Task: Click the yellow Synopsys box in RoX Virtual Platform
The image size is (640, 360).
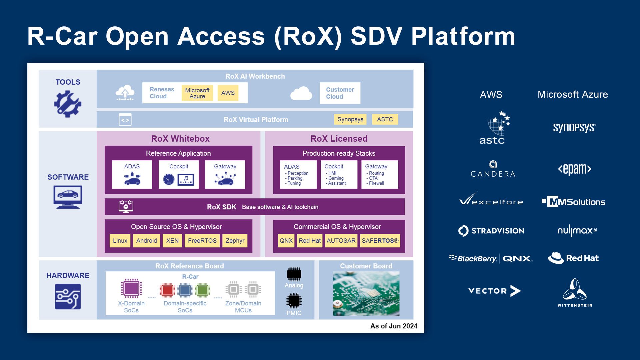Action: (350, 119)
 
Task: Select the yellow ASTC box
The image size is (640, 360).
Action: (385, 119)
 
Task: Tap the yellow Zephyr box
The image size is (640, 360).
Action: (235, 241)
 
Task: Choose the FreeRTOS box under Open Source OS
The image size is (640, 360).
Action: (202, 241)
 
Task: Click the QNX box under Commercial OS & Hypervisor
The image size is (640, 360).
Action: (286, 241)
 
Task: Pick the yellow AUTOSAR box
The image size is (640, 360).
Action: (341, 241)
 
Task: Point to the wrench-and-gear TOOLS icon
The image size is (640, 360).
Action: (68, 104)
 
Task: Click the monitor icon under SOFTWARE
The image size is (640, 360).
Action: (68, 197)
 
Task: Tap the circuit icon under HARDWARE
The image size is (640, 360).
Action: (68, 296)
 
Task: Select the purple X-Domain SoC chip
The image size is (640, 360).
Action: (131, 288)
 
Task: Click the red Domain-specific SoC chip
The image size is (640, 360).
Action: (167, 290)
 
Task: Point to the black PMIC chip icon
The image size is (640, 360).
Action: (294, 301)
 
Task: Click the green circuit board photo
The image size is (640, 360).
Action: (366, 294)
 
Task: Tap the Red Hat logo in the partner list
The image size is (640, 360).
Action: (573, 258)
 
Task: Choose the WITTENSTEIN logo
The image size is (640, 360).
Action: (575, 293)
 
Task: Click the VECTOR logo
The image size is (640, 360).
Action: (494, 291)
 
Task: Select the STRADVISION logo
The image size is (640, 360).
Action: (491, 231)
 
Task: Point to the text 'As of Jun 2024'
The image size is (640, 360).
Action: (394, 326)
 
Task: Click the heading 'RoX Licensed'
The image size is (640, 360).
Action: (339, 139)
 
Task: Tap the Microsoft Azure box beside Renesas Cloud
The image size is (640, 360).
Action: (197, 93)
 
